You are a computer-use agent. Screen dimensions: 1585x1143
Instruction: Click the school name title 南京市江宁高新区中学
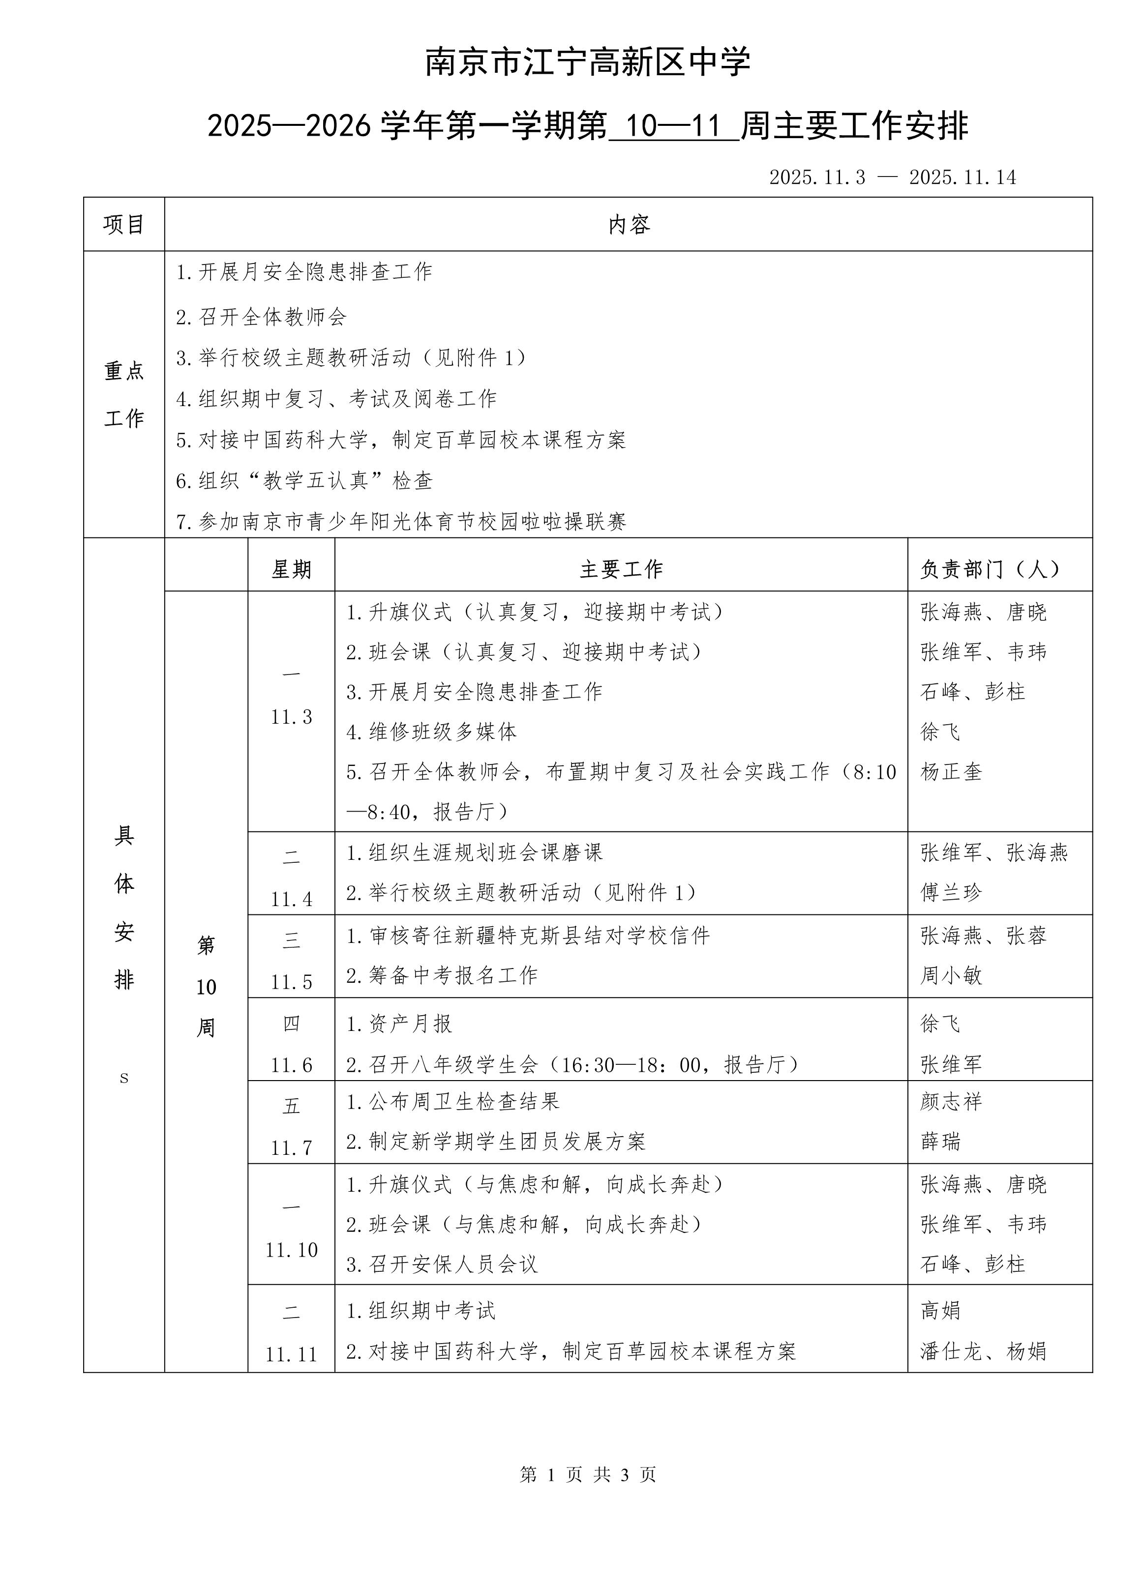point(588,62)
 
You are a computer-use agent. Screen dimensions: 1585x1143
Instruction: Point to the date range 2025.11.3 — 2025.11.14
point(892,177)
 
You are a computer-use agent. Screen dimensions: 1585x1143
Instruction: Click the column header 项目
point(124,224)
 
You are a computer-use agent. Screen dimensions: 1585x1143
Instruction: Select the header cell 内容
point(629,224)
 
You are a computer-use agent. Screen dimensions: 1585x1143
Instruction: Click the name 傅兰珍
point(951,892)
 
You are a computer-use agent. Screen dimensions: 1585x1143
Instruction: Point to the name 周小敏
point(951,975)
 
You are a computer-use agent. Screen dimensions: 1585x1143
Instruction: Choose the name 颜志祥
point(951,1101)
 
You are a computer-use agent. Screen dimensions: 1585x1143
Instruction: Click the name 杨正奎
point(951,771)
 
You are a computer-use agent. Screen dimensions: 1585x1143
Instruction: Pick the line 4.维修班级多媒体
point(431,732)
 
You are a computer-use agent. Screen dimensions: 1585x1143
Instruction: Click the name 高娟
point(940,1310)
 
